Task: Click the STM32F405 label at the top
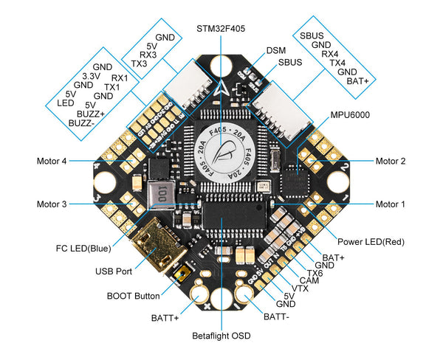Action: (x=221, y=29)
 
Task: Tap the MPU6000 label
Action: (x=351, y=115)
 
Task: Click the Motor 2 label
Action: (x=391, y=161)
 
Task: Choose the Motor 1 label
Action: (x=391, y=204)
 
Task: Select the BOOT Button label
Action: (x=133, y=296)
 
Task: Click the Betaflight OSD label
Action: (x=221, y=336)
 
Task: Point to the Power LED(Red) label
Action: (x=371, y=241)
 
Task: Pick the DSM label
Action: (x=275, y=51)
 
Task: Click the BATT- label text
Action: (x=277, y=318)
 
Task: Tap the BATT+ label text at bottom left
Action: (x=165, y=318)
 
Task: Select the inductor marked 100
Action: (x=162, y=193)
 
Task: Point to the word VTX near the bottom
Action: (x=300, y=288)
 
